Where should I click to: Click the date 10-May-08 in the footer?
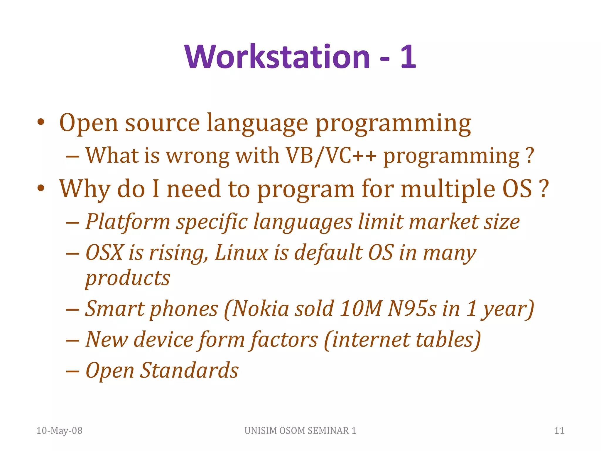(59, 430)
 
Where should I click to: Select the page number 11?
(559, 430)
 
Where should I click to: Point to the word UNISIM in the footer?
(261, 430)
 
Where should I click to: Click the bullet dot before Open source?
(41, 122)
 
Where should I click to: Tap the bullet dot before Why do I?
(41, 188)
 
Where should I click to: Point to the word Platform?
(128, 222)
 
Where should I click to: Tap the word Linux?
(241, 253)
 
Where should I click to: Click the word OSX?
(104, 253)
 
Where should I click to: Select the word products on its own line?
(128, 278)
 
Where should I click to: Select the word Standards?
(189, 370)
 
